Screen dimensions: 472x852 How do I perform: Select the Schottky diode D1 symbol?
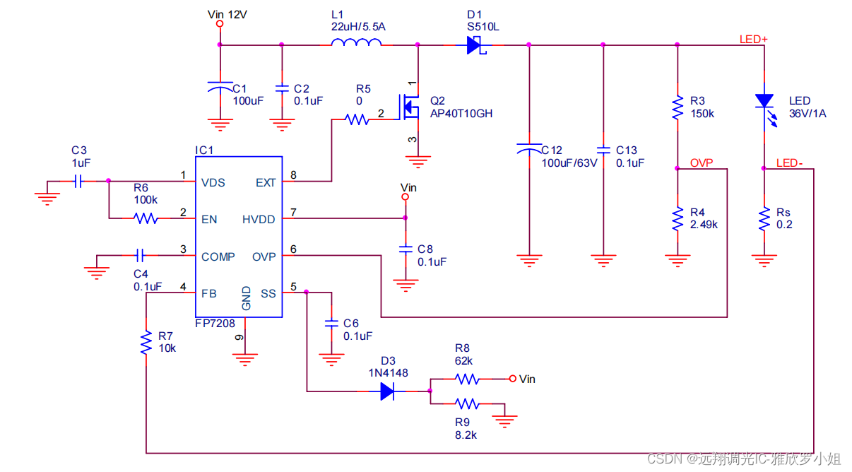coord(474,45)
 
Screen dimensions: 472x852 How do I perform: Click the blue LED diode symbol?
coord(764,102)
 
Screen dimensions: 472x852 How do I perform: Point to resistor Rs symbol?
coord(764,218)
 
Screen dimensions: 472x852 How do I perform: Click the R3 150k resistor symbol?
coord(677,107)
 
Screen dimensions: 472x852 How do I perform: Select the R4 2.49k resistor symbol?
coord(677,218)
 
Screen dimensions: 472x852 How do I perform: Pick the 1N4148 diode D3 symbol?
coord(387,391)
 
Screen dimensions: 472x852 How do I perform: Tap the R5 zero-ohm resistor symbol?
coord(357,120)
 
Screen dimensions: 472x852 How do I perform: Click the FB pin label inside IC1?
coord(209,294)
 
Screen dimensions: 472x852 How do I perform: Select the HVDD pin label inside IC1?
coord(259,218)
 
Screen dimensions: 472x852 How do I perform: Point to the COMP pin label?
coord(218,256)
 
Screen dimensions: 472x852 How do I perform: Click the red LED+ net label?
coord(753,39)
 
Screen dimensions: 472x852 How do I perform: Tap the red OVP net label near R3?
coord(702,163)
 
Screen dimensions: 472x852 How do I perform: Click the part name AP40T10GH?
coord(461,113)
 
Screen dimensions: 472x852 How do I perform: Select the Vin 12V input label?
coord(227,14)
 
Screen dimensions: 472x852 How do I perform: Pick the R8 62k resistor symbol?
coord(468,379)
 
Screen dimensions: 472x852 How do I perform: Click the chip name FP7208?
coord(215,324)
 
